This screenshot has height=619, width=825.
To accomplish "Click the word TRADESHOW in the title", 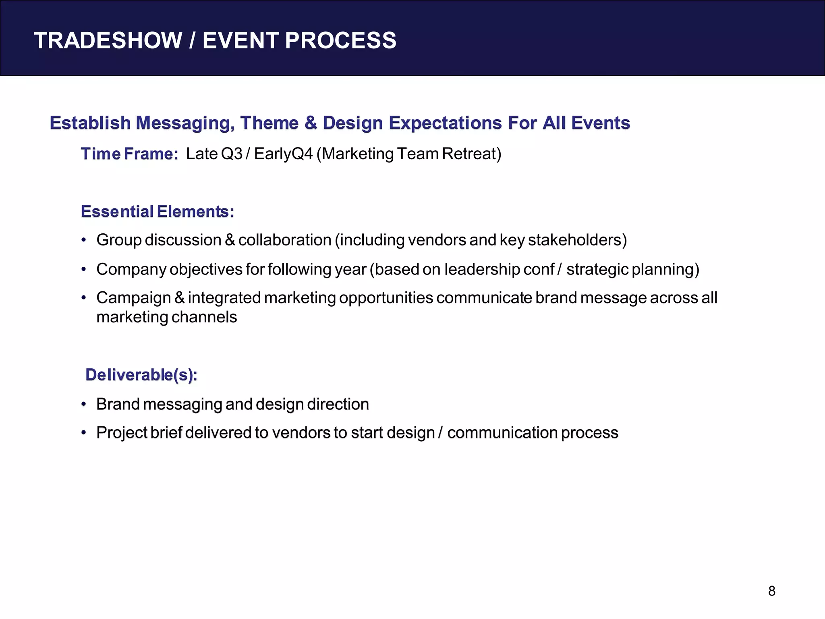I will (108, 40).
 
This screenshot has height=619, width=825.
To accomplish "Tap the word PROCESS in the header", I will (340, 40).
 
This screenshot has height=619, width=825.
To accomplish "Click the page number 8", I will (771, 591).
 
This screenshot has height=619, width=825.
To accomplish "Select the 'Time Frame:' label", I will (129, 154).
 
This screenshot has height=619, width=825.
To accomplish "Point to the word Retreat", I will (471, 154).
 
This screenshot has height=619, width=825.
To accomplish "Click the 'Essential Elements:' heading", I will (157, 212).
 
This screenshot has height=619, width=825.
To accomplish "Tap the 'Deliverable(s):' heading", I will (141, 375).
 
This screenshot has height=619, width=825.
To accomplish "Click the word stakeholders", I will (577, 240).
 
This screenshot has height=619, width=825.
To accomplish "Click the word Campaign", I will (133, 298).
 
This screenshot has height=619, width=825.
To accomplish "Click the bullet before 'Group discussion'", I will (84, 240).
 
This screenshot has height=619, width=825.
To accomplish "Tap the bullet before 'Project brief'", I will (84, 433).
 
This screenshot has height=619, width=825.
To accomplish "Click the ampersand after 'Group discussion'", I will (230, 240).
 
